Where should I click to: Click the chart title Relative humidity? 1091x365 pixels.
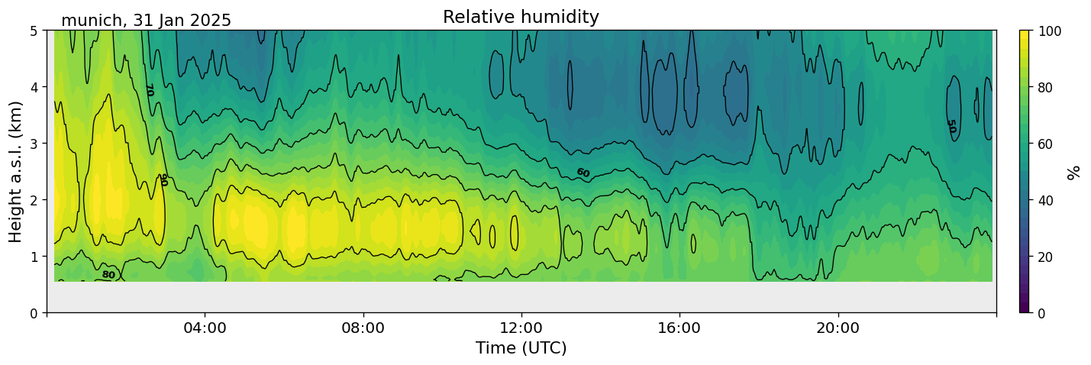coord(521,18)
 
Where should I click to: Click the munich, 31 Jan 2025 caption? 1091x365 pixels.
coord(146,21)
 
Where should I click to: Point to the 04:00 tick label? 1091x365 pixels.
coord(205,328)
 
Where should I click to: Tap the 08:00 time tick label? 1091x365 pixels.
coord(363,328)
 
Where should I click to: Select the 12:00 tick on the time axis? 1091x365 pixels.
coord(521,328)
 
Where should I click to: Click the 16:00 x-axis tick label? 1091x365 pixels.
coord(679,328)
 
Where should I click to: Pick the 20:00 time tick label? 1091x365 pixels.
coord(838,328)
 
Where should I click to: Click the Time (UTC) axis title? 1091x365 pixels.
coord(521,348)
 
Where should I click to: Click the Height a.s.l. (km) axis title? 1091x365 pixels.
coord(15,171)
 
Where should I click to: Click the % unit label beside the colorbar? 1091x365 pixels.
coord(1074,172)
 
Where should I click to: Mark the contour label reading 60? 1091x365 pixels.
coord(583,173)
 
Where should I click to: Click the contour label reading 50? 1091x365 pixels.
coord(951,126)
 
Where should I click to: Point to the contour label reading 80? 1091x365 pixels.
coord(108,275)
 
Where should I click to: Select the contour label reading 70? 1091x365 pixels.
coord(149,90)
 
